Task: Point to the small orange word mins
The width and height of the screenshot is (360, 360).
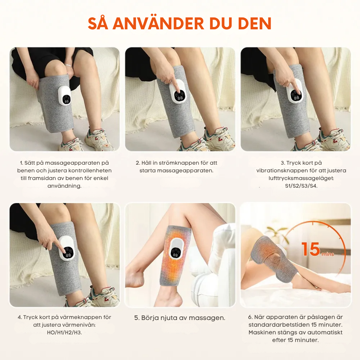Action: (x=327, y=254)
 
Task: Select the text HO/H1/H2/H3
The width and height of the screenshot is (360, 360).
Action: (x=64, y=333)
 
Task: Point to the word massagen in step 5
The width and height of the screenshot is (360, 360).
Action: (x=209, y=318)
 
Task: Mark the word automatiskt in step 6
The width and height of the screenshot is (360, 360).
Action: (x=326, y=333)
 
